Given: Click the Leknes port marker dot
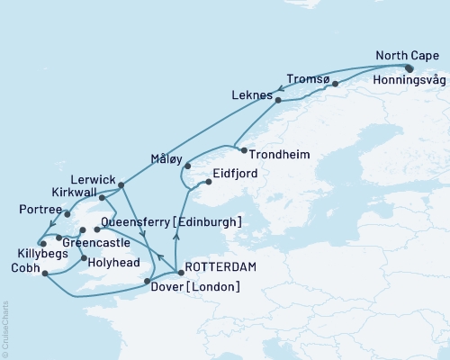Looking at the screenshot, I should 278,101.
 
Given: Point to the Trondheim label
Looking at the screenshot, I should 281,155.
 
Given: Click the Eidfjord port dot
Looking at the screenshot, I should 208,181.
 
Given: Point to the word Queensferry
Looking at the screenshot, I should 139,221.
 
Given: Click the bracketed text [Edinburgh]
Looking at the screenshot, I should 209,221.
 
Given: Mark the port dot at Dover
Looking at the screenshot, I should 147,283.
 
